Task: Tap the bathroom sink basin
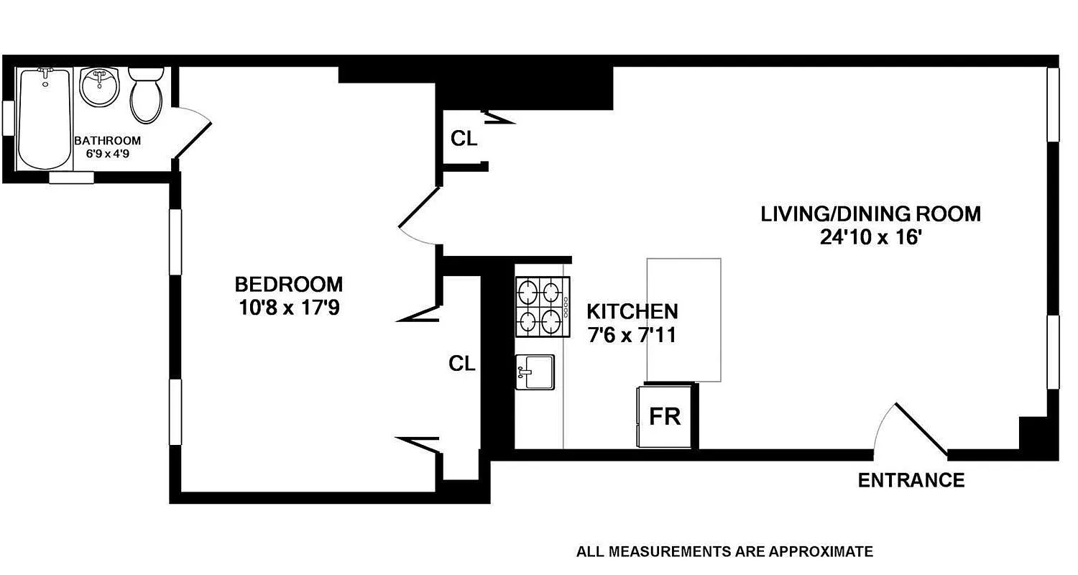pos(99,88)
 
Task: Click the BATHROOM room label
pos(107,141)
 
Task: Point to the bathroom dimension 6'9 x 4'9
pos(107,154)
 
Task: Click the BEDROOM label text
pos(289,284)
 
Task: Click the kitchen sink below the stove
pos(535,372)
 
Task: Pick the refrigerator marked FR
pos(665,417)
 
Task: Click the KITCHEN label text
pos(632,311)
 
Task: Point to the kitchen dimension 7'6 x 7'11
pos(632,335)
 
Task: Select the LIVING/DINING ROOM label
pos(871,213)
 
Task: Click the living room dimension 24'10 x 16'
pos(871,238)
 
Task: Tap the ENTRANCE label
pos(911,480)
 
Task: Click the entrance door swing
pos(909,431)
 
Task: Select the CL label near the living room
pos(464,139)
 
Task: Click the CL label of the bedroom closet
pos(462,364)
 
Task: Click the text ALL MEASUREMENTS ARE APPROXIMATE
pos(724,552)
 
